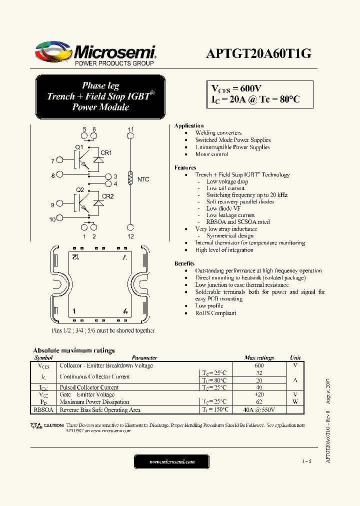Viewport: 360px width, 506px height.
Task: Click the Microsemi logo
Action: click(x=95, y=54)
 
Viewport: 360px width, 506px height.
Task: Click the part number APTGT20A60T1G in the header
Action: click(x=258, y=54)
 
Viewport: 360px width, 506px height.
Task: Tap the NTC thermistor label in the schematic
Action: click(x=143, y=179)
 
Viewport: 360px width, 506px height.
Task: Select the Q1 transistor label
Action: click(x=79, y=146)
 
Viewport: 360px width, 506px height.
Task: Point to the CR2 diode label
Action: click(x=107, y=196)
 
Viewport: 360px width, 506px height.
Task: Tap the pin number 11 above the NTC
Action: click(x=130, y=129)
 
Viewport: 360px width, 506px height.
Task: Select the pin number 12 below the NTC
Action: click(x=130, y=236)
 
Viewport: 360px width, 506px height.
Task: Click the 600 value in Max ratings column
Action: click(x=259, y=365)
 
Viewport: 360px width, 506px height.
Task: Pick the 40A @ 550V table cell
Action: click(x=259, y=409)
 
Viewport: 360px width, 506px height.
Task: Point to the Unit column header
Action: click(x=295, y=357)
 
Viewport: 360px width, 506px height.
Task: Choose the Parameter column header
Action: click(x=144, y=357)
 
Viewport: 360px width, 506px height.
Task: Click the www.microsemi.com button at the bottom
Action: click(x=172, y=461)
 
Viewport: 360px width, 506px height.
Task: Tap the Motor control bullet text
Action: click(x=211, y=154)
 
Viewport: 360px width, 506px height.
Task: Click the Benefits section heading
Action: click(x=184, y=263)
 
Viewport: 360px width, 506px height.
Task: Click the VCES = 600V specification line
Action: click(x=237, y=88)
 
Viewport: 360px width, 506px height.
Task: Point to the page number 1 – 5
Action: click(x=306, y=461)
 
